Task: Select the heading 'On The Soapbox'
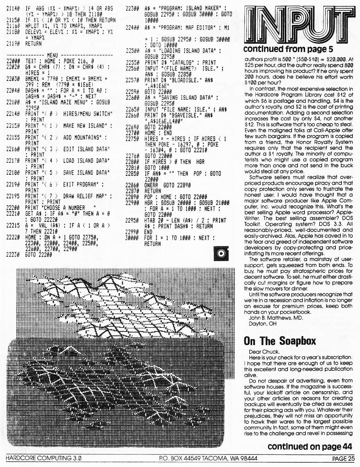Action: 280,341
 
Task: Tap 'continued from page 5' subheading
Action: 288,49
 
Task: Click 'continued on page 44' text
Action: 310,447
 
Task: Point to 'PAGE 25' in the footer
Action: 343,459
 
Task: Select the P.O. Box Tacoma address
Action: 208,458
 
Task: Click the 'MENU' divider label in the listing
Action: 52,55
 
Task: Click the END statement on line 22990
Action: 148,232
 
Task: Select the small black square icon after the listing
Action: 221,254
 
